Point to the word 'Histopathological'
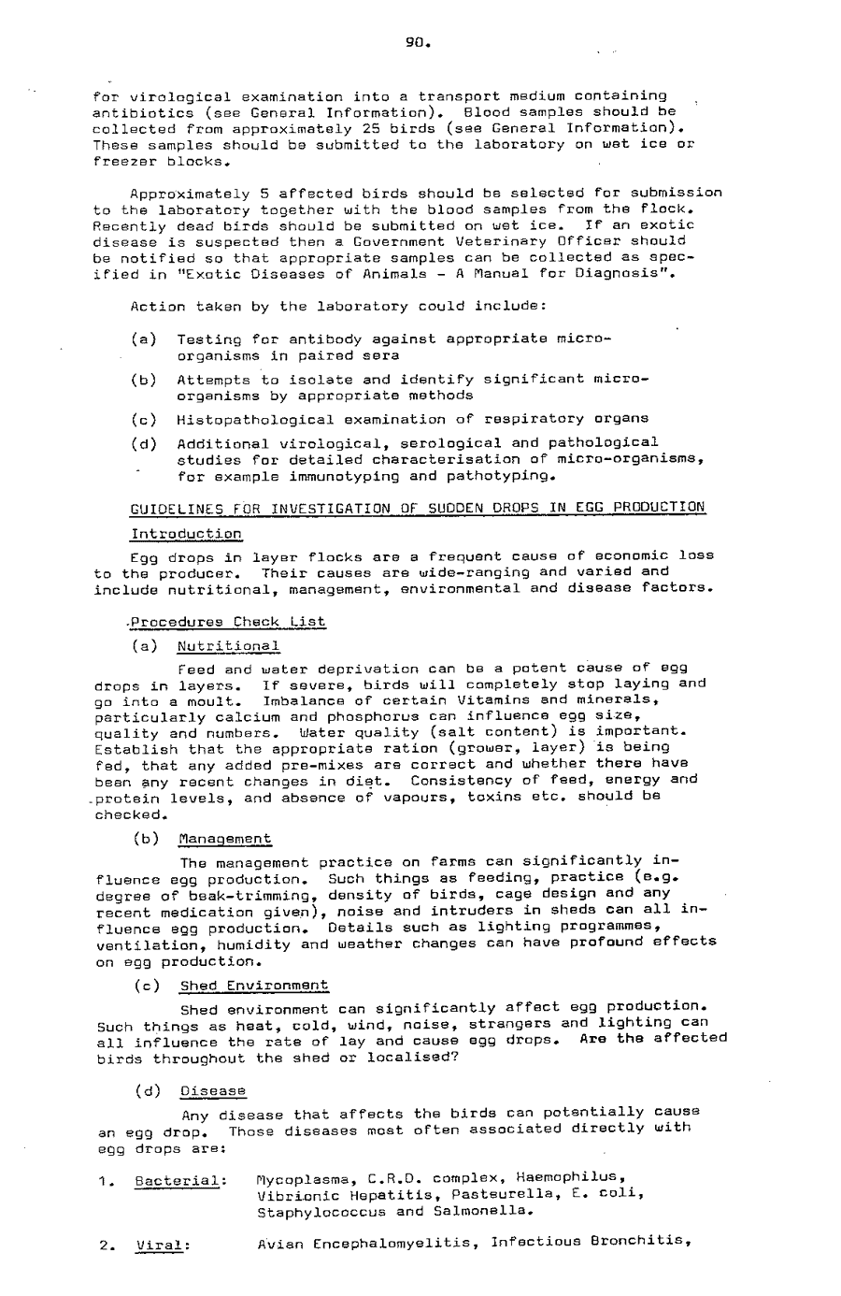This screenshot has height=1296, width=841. tap(245, 420)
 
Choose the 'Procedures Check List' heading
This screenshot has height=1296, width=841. tap(229, 622)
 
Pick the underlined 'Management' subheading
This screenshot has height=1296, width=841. tap(225, 840)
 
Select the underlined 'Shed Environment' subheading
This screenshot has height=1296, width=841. tap(253, 986)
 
